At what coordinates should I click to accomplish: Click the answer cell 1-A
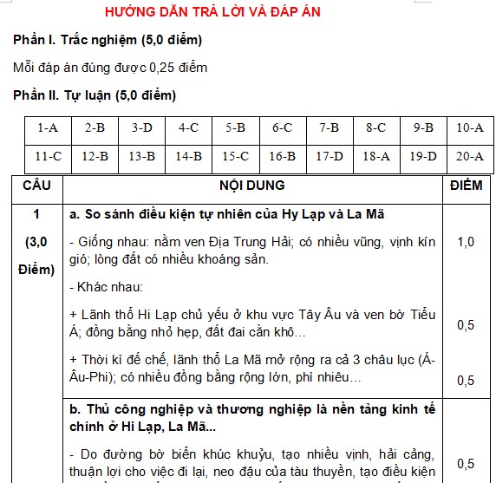pyautogui.click(x=49, y=127)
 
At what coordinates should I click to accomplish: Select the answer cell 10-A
pyautogui.click(x=469, y=127)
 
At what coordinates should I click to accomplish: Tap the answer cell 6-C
pyautogui.click(x=283, y=127)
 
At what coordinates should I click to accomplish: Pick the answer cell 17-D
pyautogui.click(x=330, y=157)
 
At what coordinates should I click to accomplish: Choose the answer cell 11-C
pyautogui.click(x=49, y=157)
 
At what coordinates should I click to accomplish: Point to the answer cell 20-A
pyautogui.click(x=469, y=157)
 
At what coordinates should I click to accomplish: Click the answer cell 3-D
pyautogui.click(x=142, y=127)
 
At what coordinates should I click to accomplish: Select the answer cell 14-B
pyautogui.click(x=189, y=157)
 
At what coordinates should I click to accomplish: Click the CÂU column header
pyautogui.click(x=36, y=186)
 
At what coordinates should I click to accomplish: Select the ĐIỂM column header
pyautogui.click(x=467, y=186)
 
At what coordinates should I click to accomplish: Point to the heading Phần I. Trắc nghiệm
pyautogui.click(x=108, y=41)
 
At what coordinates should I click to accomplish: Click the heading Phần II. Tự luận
pyautogui.click(x=95, y=95)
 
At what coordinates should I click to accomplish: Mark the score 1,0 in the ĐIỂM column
pyautogui.click(x=467, y=242)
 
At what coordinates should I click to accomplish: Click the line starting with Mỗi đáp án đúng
pyautogui.click(x=110, y=68)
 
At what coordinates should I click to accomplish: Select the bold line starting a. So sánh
pyautogui.click(x=225, y=213)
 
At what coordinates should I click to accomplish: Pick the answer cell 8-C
pyautogui.click(x=375, y=127)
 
